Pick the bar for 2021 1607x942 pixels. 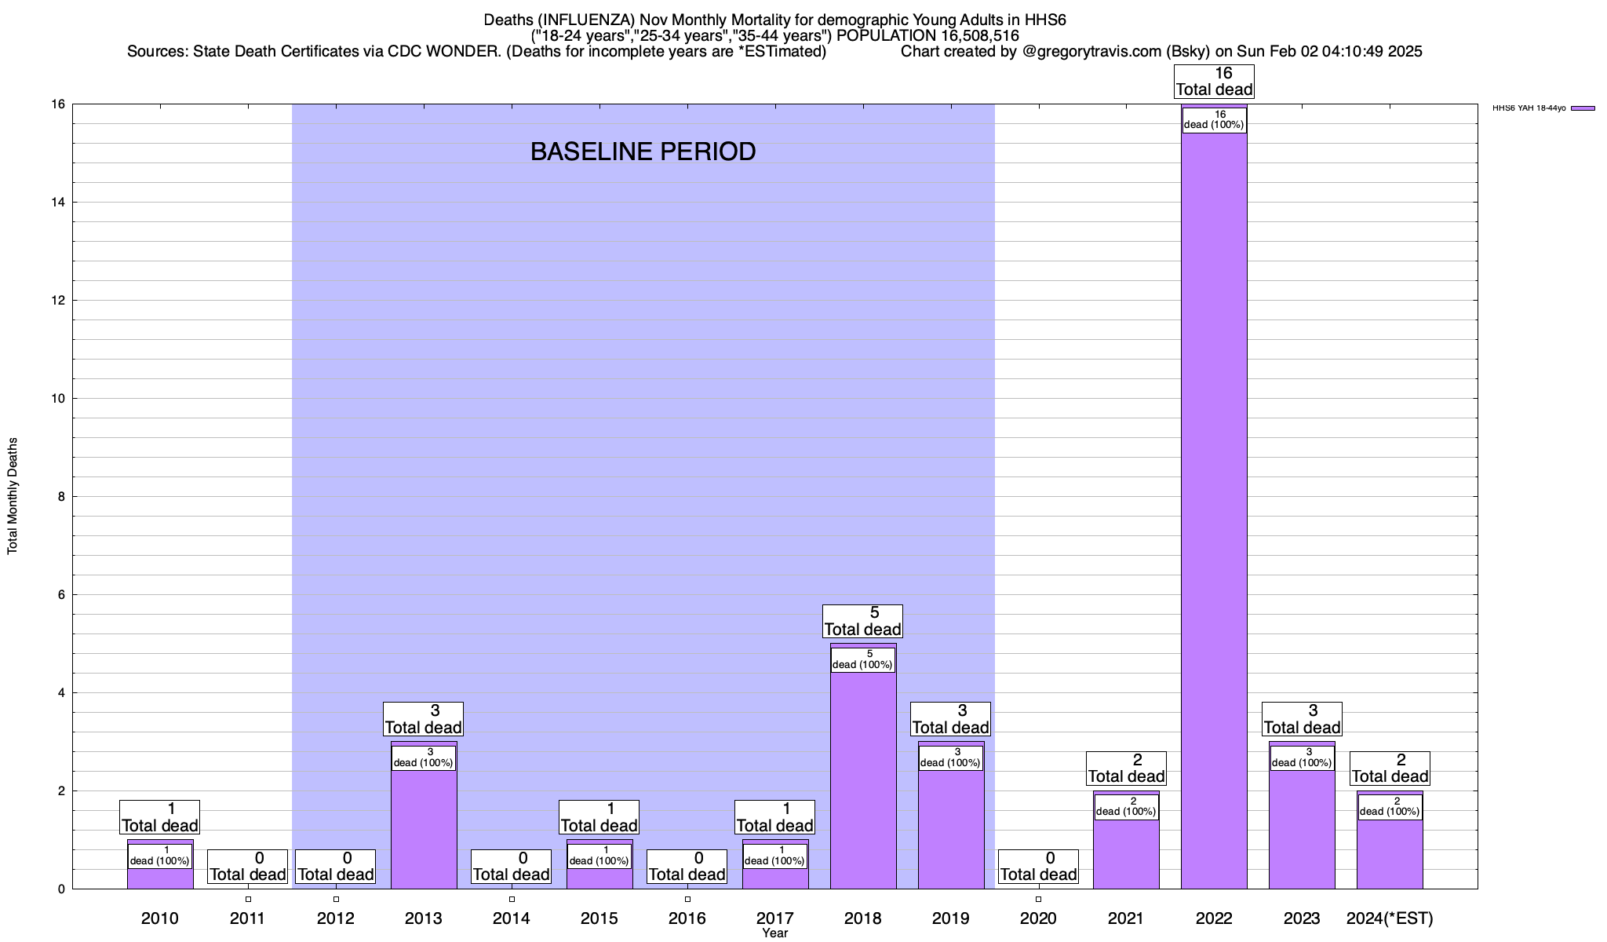[1126, 856]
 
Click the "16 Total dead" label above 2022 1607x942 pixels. [1214, 82]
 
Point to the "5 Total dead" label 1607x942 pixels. [862, 621]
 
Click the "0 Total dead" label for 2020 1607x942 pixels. [1038, 867]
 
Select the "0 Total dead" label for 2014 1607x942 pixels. [511, 867]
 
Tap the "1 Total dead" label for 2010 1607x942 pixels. [159, 817]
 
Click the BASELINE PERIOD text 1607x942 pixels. [643, 152]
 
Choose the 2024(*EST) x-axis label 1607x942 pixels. [1390, 918]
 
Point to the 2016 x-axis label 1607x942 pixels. [687, 918]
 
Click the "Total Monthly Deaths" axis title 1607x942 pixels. [13, 496]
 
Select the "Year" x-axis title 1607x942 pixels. [774, 933]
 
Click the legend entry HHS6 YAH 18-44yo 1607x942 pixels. [1543, 108]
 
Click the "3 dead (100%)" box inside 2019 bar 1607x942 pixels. [950, 758]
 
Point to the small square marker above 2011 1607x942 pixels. [248, 899]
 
